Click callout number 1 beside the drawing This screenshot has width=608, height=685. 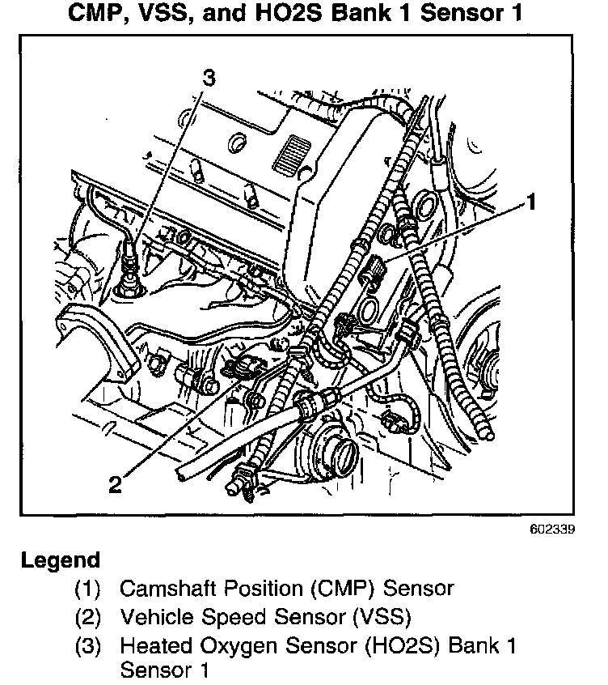coord(531,202)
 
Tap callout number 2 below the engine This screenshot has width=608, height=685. coord(115,484)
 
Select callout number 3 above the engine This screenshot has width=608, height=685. coord(209,79)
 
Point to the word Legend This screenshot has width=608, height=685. coord(61,559)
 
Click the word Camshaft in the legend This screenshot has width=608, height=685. coord(158,589)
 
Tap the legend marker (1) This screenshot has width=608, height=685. coord(88,589)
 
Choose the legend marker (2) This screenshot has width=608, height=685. coord(88,618)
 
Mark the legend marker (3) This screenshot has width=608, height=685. coord(88,646)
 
